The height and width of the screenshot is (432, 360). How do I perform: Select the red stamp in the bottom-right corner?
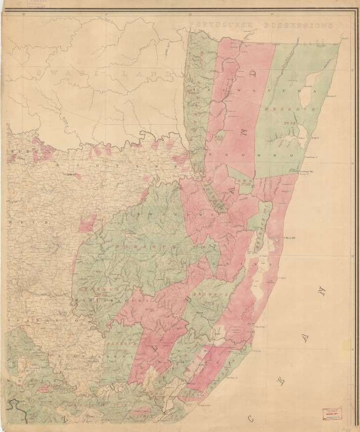point(331,414)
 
